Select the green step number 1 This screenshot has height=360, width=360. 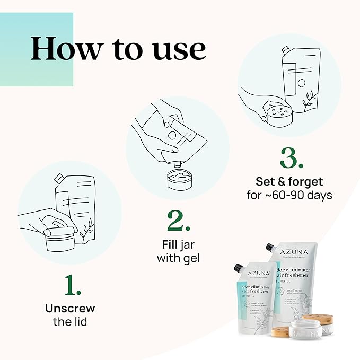73,285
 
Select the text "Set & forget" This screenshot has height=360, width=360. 289,182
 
